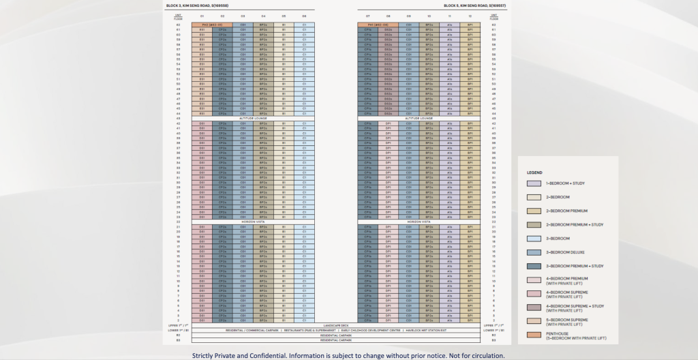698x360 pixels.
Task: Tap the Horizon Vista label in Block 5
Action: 419,222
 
